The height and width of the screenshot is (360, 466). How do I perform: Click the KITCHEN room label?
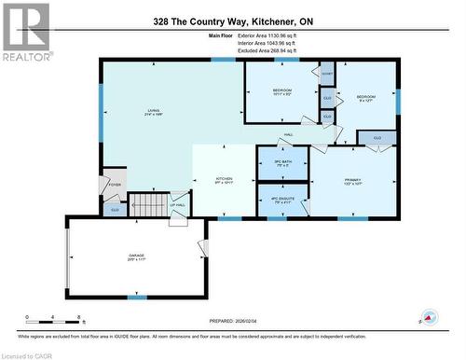coord(225,180)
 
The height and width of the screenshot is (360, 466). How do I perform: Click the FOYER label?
coord(115,185)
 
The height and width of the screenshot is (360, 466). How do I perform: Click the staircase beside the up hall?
coord(145,203)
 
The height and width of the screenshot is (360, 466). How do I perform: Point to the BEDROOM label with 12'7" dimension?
coord(365,98)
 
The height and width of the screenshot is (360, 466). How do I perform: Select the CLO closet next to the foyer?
coord(114,211)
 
